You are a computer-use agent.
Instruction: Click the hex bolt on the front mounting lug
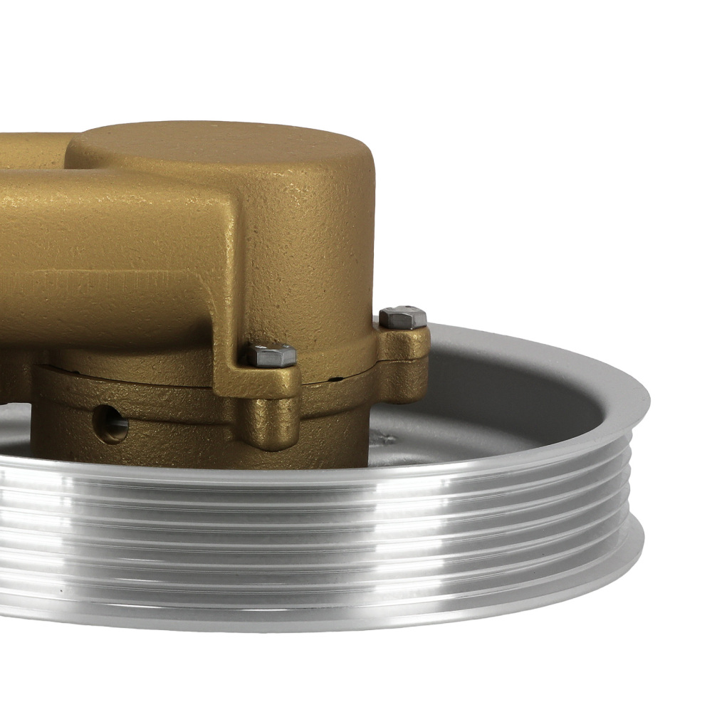click(272, 355)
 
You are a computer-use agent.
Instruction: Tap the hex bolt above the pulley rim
click(403, 317)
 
